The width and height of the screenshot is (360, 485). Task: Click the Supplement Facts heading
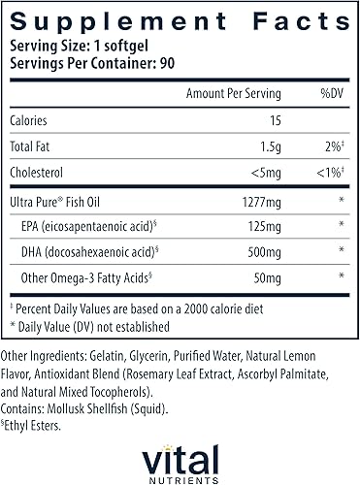pyautogui.click(x=180, y=16)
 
